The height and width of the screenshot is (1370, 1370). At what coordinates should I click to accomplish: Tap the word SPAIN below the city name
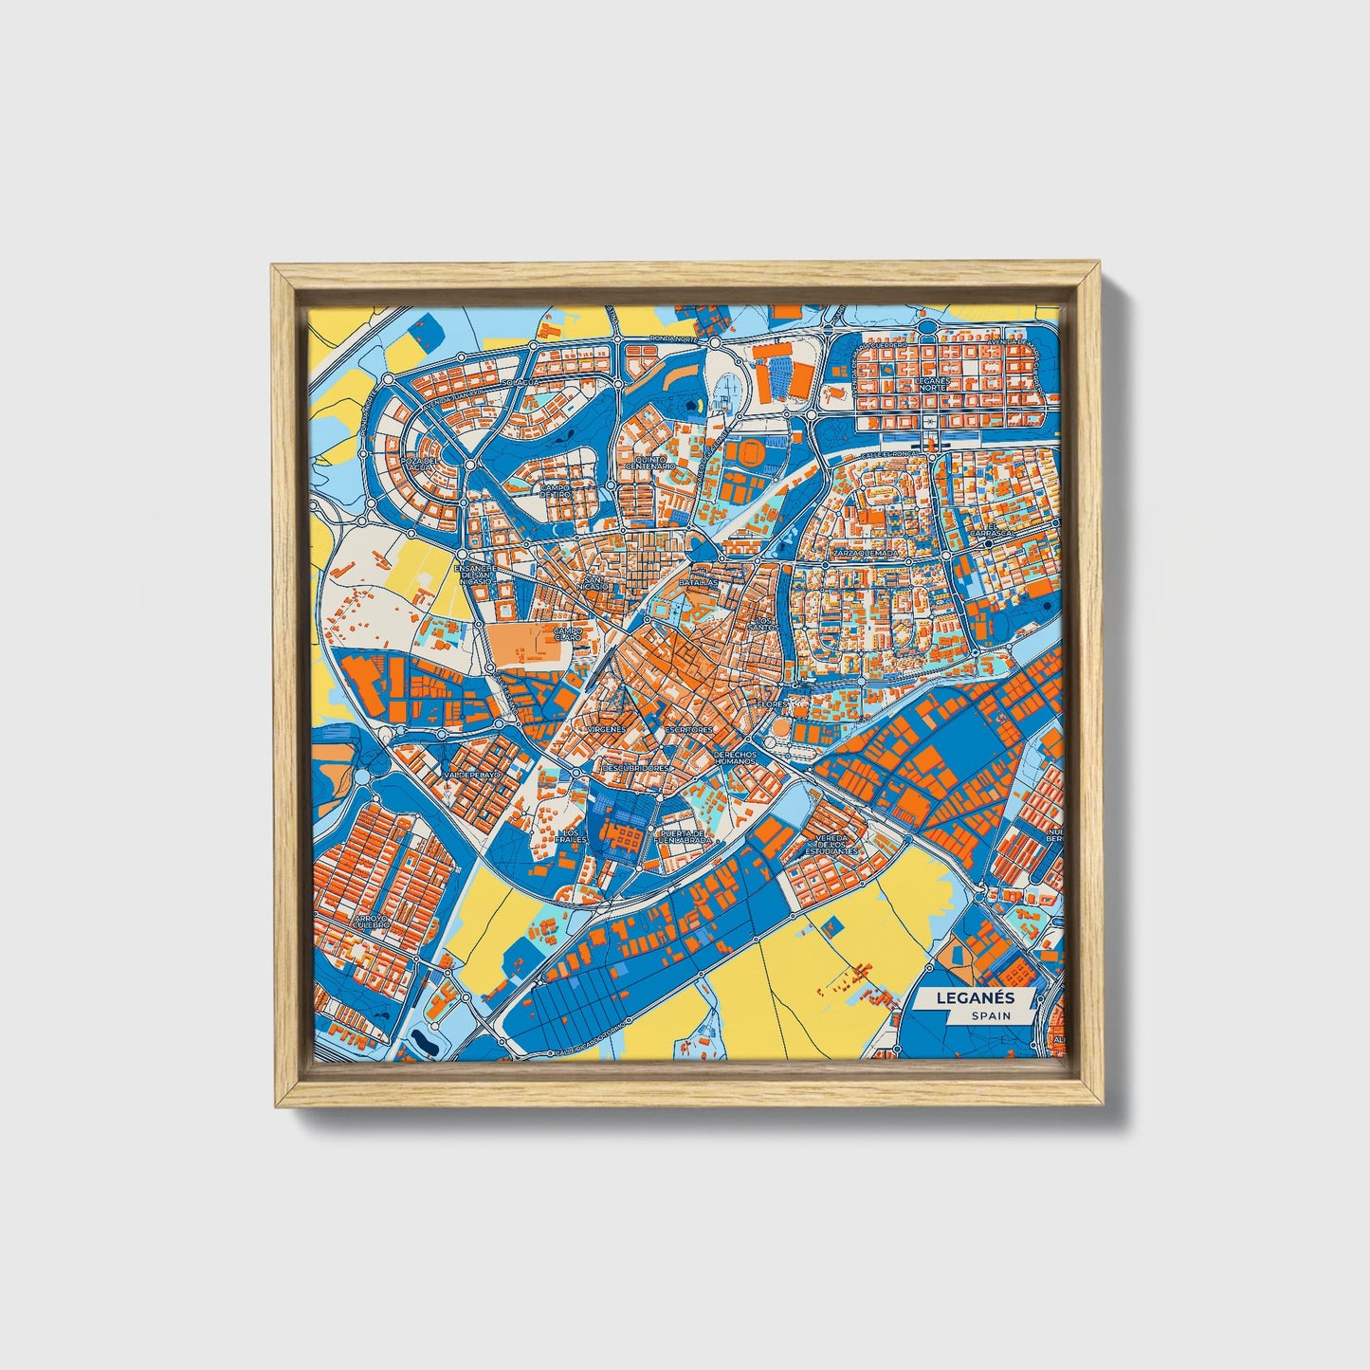click(990, 1015)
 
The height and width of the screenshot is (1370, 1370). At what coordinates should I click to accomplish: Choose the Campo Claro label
click(568, 633)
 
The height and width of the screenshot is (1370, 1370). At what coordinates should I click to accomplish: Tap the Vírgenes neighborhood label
click(607, 729)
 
